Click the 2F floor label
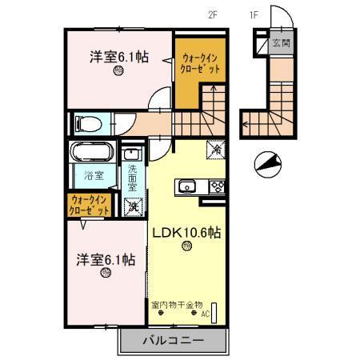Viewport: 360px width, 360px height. (x=212, y=14)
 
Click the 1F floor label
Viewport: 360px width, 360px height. (x=254, y=14)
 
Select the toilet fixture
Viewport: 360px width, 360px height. (x=86, y=124)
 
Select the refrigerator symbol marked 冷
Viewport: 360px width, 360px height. (x=215, y=148)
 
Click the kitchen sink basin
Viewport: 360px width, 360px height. (x=187, y=187)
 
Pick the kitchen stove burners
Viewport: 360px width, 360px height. (x=217, y=187)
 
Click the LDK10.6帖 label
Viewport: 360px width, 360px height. (x=186, y=233)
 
